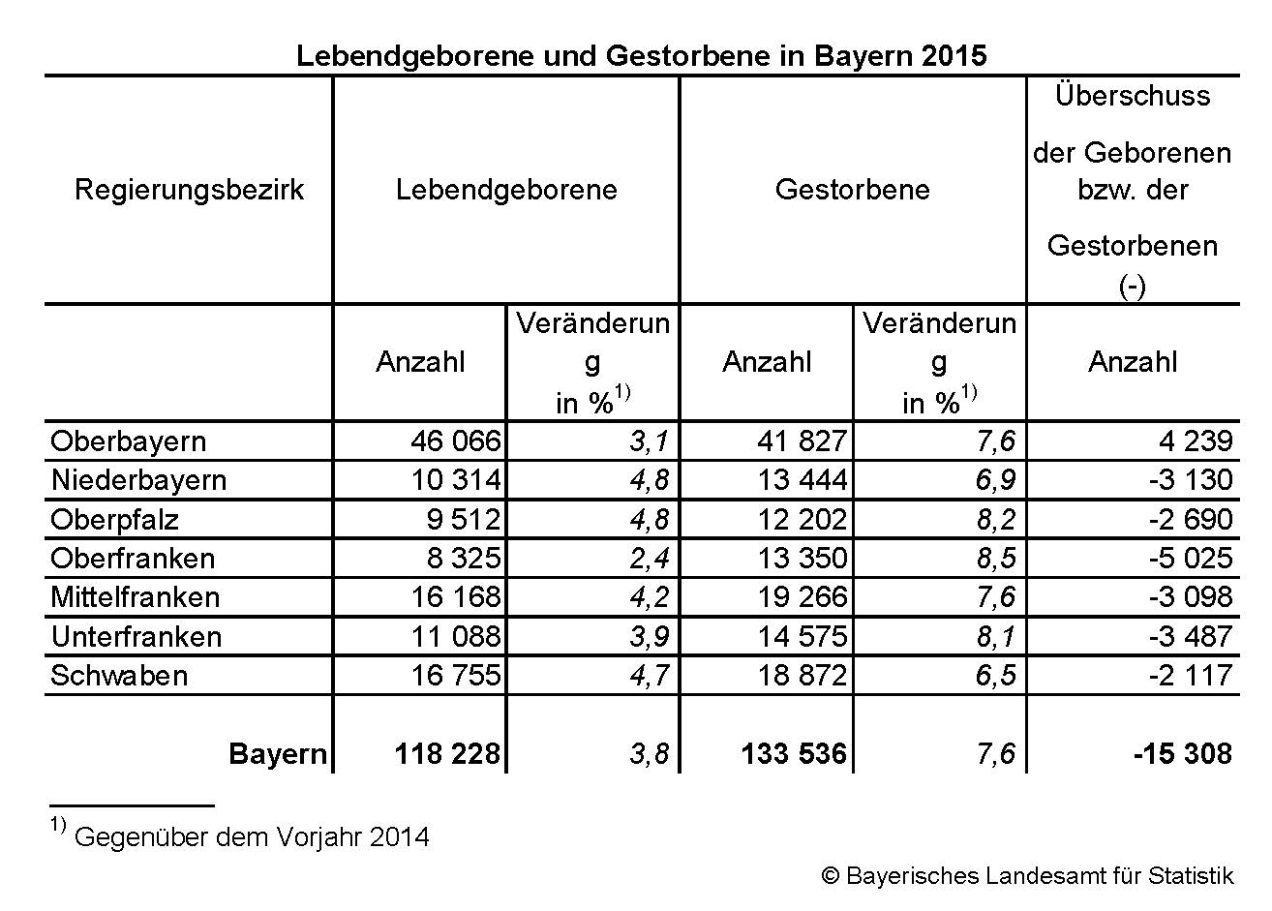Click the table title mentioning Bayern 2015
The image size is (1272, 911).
click(x=641, y=55)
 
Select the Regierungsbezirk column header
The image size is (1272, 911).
click(x=189, y=190)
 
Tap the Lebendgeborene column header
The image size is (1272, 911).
click(x=506, y=190)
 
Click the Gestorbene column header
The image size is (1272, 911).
click(x=852, y=190)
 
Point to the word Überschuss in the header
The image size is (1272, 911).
click(x=1133, y=96)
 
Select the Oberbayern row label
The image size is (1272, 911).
click(x=128, y=441)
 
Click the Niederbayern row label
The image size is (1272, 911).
click(x=138, y=480)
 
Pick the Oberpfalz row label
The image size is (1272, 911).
click(x=114, y=520)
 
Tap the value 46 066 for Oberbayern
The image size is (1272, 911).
click(x=455, y=441)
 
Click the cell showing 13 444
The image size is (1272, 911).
click(x=802, y=480)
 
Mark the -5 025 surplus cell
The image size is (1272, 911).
click(x=1190, y=559)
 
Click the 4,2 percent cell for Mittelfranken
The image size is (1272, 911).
click(x=649, y=597)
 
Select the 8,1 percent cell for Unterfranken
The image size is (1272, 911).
click(x=995, y=637)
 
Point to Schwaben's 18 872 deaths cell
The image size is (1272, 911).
click(x=802, y=676)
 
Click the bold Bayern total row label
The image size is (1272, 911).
click(x=278, y=754)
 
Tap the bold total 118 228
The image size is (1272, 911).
click(x=447, y=754)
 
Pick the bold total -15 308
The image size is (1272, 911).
click(x=1182, y=754)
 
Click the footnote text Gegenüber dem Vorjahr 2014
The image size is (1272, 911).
click(x=251, y=836)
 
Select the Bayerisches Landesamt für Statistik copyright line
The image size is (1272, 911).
click(x=1027, y=876)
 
